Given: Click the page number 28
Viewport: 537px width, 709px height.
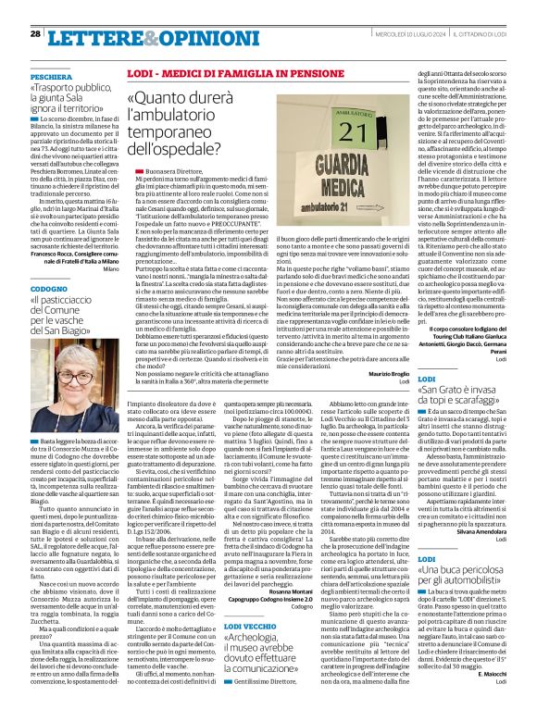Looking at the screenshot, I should coord(34,33).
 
